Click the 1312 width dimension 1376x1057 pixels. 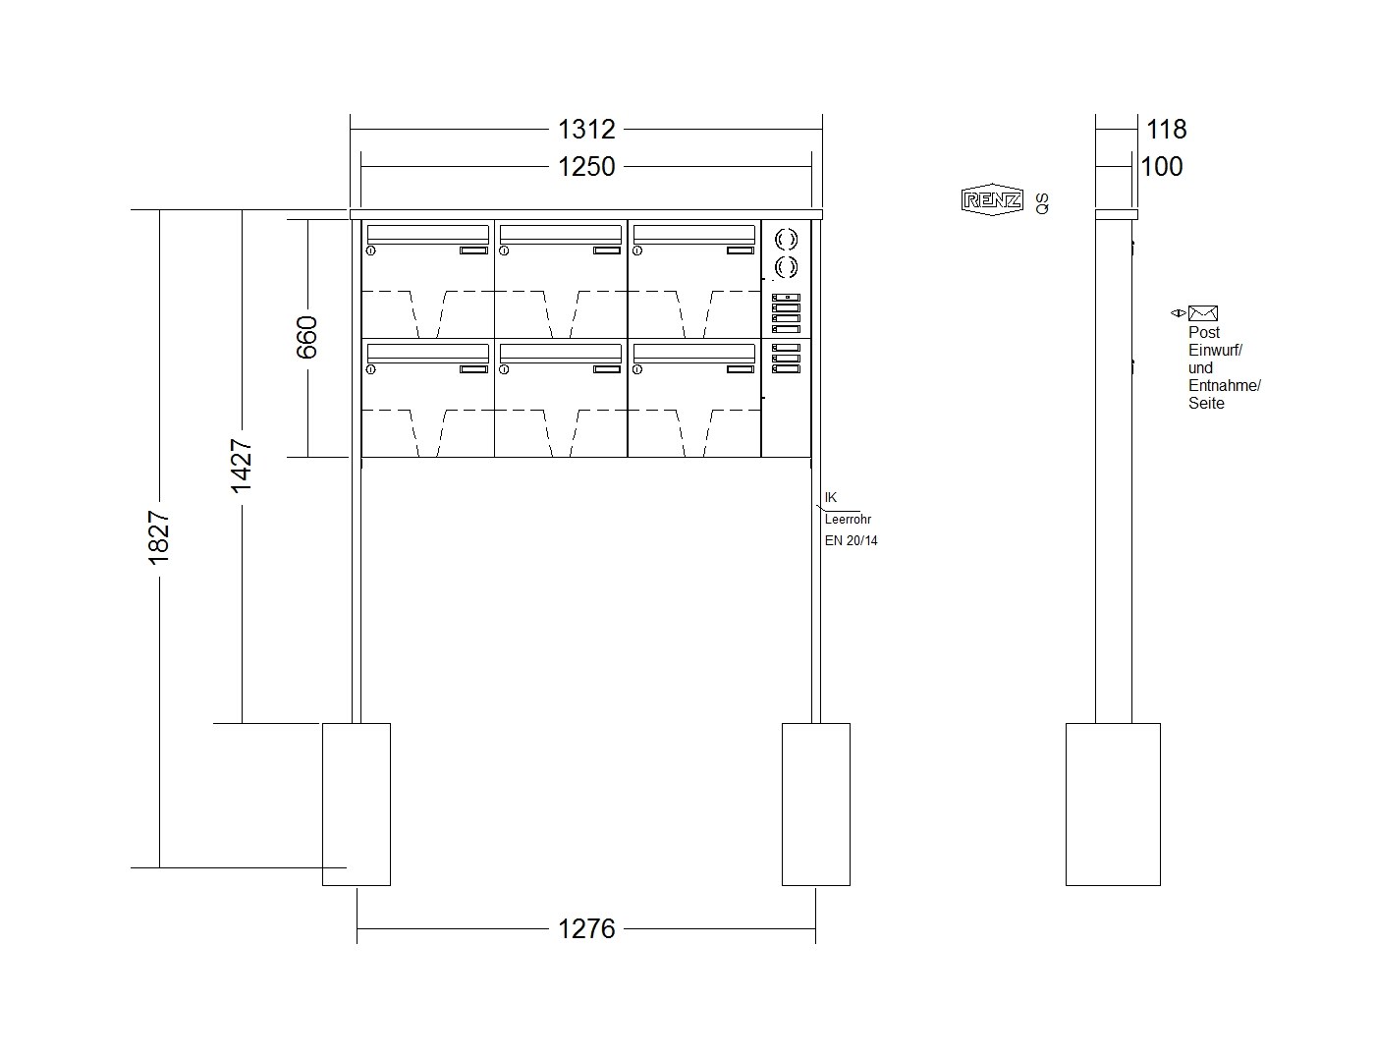click(585, 130)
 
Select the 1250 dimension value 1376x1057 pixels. click(585, 167)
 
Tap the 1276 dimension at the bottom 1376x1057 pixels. click(585, 929)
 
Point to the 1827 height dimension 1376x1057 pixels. click(158, 537)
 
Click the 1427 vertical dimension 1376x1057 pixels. click(242, 466)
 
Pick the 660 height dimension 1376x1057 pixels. click(307, 337)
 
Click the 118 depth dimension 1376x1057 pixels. click(1167, 130)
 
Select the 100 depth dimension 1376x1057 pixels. click(1162, 167)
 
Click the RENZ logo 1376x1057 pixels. click(992, 200)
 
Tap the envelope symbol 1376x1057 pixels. click(1202, 312)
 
